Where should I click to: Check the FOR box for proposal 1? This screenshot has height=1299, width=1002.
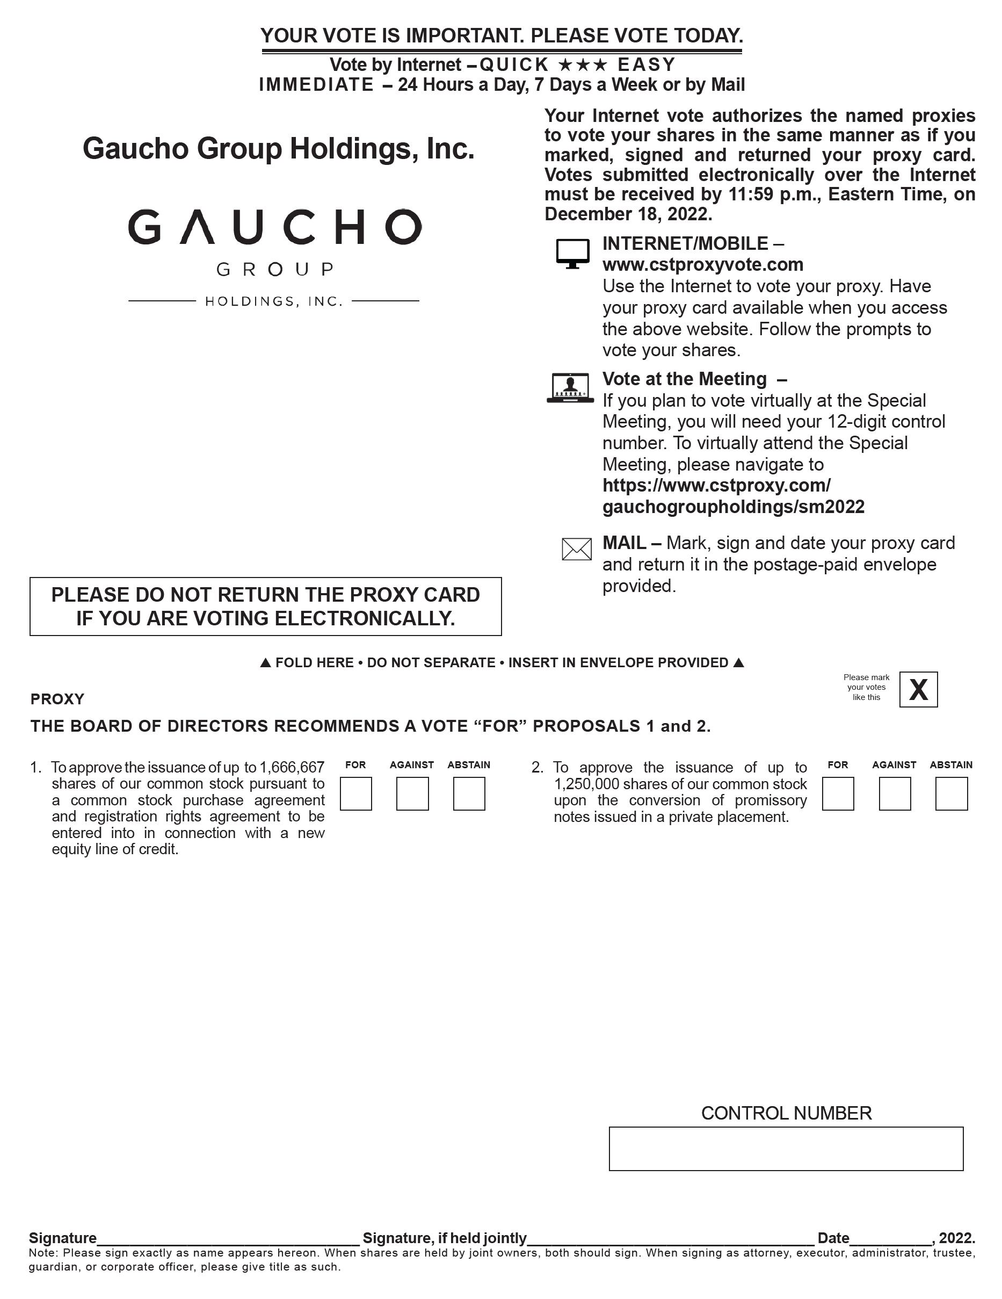[x=355, y=793]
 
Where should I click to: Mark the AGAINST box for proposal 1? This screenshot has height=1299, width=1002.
[x=412, y=793]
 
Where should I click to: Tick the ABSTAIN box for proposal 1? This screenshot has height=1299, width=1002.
[x=469, y=793]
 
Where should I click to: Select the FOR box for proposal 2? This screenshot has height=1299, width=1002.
[x=838, y=793]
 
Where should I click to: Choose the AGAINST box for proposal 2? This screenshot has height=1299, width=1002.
[x=895, y=793]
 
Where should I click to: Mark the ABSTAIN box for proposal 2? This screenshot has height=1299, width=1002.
[x=951, y=793]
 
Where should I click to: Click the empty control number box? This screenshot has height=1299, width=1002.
[x=786, y=1148]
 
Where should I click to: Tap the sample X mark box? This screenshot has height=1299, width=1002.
[x=918, y=689]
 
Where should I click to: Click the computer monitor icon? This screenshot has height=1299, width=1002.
[x=572, y=254]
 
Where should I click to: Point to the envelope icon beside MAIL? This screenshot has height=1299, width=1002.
[x=576, y=549]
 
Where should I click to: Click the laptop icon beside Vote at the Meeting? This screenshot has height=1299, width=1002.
[x=570, y=388]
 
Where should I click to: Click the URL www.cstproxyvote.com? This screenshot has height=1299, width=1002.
[x=702, y=265]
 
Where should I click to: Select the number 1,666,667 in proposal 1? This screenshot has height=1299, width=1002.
[x=292, y=767]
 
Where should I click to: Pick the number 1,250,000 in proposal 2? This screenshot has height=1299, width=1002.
[x=586, y=784]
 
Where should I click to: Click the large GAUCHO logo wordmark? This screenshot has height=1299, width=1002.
[x=275, y=227]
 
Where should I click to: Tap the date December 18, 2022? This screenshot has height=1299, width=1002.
[x=628, y=214]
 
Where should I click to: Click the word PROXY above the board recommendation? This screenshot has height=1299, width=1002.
[x=57, y=699]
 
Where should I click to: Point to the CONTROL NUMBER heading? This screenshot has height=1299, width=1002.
[x=786, y=1113]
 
